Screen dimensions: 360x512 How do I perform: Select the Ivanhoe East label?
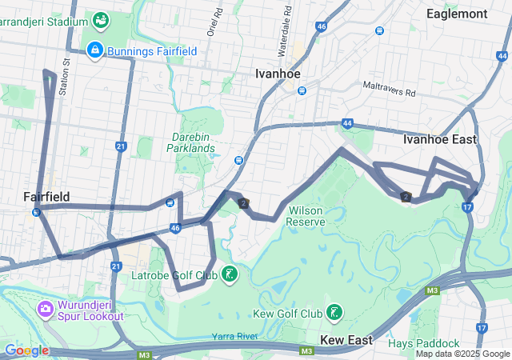pos(439,139)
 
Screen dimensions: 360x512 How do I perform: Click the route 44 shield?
pos(346,124)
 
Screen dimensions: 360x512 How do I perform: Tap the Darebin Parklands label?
pos(191,142)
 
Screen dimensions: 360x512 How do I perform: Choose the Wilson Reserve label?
pos(305,215)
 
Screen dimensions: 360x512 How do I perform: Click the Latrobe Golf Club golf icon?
pos(230,275)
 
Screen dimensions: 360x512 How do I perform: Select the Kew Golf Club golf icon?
pos(334,312)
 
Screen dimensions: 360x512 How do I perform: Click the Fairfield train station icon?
pos(37,212)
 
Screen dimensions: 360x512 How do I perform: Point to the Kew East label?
pos(346,340)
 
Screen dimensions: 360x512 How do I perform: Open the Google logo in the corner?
pos(26,350)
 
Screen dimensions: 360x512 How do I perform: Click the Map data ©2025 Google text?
pos(462,353)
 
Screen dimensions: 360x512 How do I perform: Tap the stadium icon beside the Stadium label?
pos(101,18)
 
